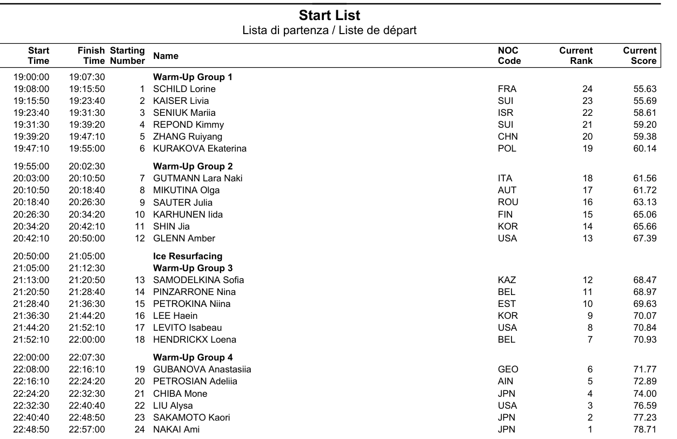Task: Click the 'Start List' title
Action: pos(329,15)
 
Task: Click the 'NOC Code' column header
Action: pos(509,56)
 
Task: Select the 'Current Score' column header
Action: pos(640,56)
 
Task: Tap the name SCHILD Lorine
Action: pos(184,89)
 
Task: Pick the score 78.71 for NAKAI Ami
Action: pos(645,429)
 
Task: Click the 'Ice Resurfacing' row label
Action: pos(188,256)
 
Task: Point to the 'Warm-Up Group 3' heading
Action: pos(193,268)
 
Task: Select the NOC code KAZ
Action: pos(507,280)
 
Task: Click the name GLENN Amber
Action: pos(184,238)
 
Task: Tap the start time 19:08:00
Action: pos(31,89)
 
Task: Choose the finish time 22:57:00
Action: pos(87,429)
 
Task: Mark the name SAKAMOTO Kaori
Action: pos(191,417)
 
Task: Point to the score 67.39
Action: pos(645,238)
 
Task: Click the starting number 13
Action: pos(140,280)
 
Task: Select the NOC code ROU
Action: pos(508,202)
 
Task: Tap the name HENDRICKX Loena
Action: pos(195,339)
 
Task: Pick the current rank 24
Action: pos(587,89)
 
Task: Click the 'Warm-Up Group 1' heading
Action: pos(193,77)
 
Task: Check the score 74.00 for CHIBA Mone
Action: pos(645,394)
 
